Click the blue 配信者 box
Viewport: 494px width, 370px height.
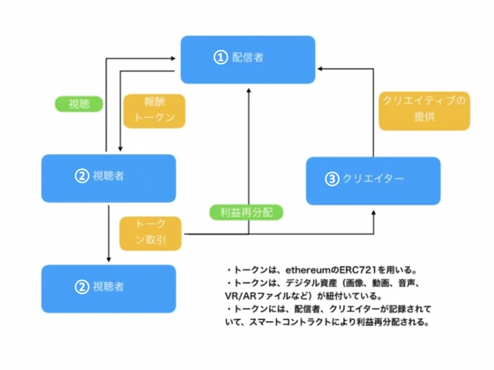click(x=248, y=60)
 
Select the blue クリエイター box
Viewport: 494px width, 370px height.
click(x=373, y=181)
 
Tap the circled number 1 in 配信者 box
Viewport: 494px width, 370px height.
click(x=221, y=58)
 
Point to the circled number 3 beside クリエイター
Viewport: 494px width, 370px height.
click(x=332, y=179)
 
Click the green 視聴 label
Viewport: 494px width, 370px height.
click(x=78, y=104)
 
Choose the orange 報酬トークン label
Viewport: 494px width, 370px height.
click(x=154, y=111)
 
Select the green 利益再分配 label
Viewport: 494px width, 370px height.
click(x=246, y=213)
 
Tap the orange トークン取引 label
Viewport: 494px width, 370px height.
click(x=151, y=233)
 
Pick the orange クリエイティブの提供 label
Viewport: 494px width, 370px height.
click(x=424, y=110)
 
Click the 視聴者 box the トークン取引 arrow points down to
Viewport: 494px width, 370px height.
click(x=109, y=289)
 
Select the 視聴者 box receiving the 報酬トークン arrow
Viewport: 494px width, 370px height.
click(x=109, y=179)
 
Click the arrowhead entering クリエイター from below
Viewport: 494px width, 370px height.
click(x=374, y=213)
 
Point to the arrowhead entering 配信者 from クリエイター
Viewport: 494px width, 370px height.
click(x=320, y=69)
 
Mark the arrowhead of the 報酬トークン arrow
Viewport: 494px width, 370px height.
click(x=120, y=149)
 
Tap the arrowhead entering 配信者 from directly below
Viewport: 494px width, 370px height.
click(x=248, y=91)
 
